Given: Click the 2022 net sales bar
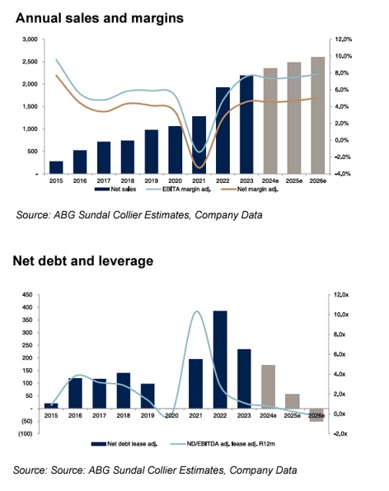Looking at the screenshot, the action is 223,130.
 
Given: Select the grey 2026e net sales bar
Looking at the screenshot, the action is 317,115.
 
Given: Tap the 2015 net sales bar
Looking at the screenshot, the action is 56,167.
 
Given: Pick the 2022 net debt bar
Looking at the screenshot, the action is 220,359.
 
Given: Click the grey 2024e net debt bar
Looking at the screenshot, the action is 268,386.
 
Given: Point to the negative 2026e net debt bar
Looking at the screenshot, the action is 316,415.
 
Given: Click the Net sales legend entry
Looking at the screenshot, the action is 115,189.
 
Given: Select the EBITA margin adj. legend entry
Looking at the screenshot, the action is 178,189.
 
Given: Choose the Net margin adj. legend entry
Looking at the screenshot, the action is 250,189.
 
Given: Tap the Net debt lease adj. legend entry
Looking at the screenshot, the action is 124,444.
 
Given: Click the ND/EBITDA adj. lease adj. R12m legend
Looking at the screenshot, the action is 223,444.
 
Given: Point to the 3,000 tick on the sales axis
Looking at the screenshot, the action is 30,40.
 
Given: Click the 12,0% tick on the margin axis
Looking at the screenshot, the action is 344,40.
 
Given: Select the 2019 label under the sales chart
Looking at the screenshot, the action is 152,180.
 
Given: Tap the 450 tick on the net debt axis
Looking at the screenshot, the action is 27,295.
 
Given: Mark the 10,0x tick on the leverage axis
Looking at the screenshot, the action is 341,315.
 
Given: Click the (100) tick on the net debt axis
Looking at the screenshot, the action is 26,433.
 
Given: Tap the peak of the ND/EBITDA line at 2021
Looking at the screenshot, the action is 197,311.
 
